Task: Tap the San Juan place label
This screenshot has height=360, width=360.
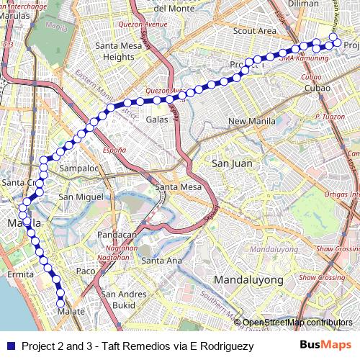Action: pyautogui.click(x=232, y=163)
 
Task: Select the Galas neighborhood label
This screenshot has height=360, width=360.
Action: pyautogui.click(x=157, y=120)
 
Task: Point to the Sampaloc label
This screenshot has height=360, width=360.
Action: pyautogui.click(x=78, y=168)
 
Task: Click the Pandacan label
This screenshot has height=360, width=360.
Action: pyautogui.click(x=117, y=235)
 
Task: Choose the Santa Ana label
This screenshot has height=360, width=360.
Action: pyautogui.click(x=163, y=261)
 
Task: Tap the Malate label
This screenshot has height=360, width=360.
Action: pyautogui.click(x=71, y=312)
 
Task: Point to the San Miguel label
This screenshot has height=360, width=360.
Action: pyautogui.click(x=77, y=197)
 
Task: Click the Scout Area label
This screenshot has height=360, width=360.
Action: pyautogui.click(x=255, y=31)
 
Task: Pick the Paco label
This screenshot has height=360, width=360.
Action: pyautogui.click(x=86, y=271)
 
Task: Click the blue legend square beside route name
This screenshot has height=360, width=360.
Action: pyautogui.click(x=10, y=346)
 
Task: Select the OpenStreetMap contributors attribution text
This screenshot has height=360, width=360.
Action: pyautogui.click(x=297, y=322)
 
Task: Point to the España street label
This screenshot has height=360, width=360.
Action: pyautogui.click(x=114, y=150)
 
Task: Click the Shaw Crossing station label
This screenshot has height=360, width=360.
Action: pyautogui.click(x=322, y=277)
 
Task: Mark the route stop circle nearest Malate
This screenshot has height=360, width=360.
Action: pyautogui.click(x=61, y=303)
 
